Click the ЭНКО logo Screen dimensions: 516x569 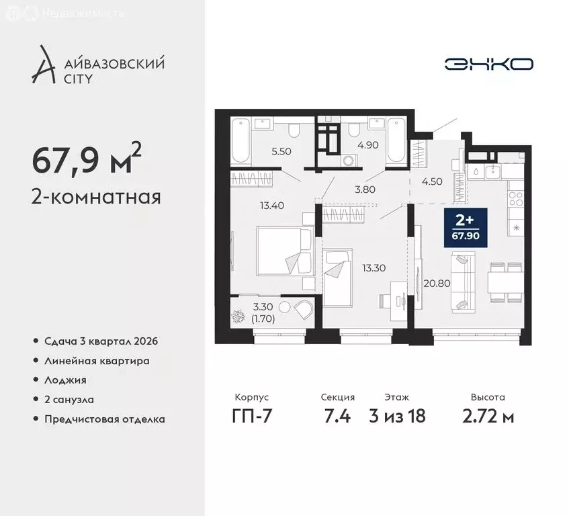click(x=489, y=64)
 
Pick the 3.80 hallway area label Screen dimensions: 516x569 click(x=365, y=189)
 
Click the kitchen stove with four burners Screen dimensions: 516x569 click(x=516, y=199)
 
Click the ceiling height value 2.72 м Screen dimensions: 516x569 click(x=488, y=417)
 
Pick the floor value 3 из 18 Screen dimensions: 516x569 click(x=398, y=417)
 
